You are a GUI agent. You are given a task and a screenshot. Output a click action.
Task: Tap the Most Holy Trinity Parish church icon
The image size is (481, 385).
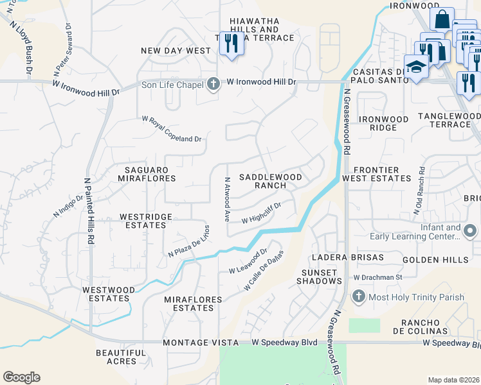pyautogui.click(x=359, y=296)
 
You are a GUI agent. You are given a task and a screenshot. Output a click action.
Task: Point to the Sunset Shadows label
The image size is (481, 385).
pyautogui.click(x=318, y=277)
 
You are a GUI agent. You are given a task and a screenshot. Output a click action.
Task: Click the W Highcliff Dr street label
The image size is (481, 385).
pyautogui.click(x=262, y=219)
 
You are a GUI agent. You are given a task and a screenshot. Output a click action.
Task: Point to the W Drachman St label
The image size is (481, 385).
pyautogui.click(x=377, y=277)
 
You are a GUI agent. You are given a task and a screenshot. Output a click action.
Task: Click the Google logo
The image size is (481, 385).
pyautogui.click(x=21, y=377)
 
